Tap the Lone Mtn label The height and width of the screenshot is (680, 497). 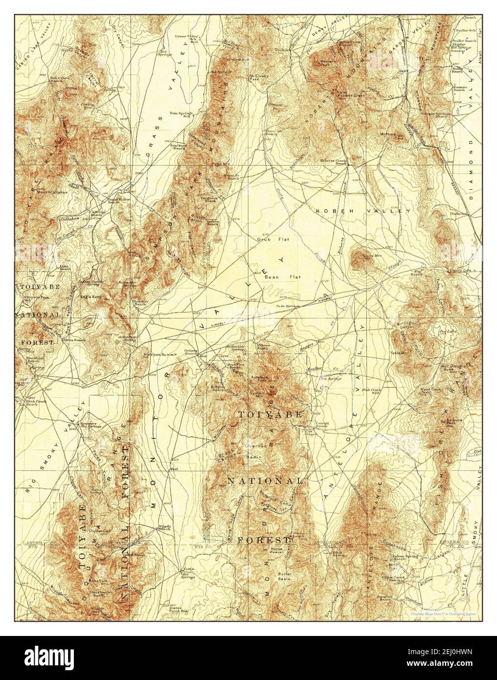click(368, 255)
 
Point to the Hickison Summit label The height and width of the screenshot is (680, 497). click(156, 354)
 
